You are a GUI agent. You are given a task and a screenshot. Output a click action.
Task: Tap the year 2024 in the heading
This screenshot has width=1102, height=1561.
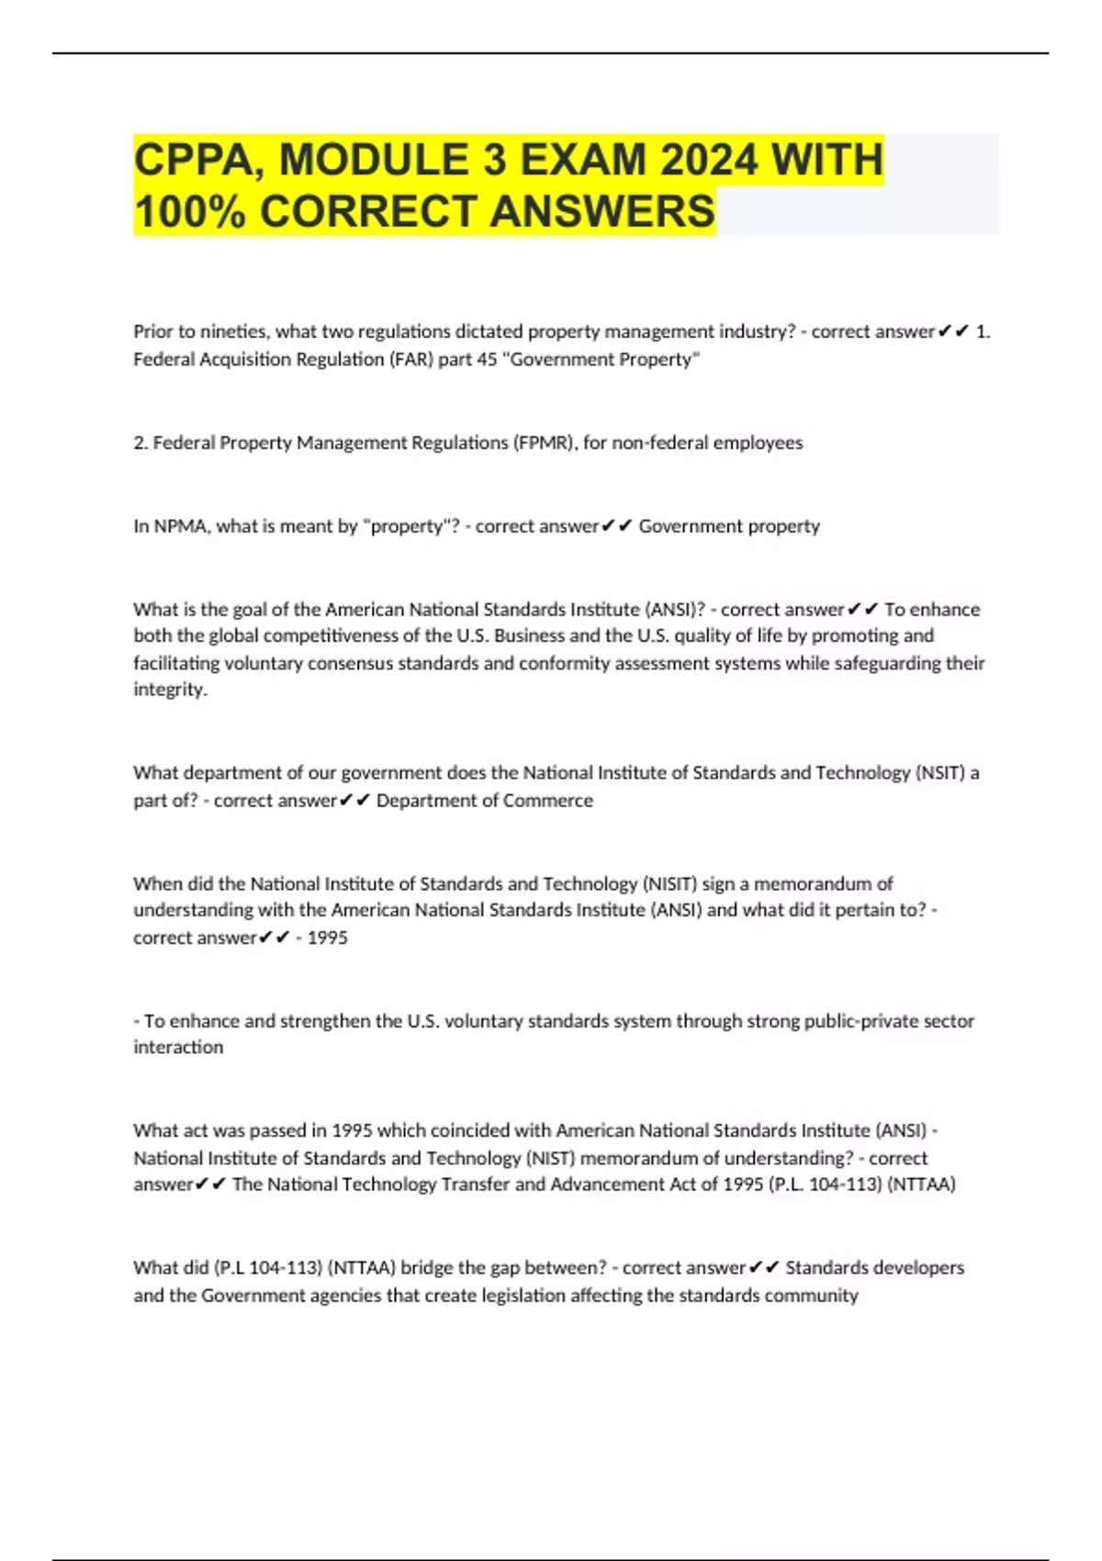click(x=709, y=160)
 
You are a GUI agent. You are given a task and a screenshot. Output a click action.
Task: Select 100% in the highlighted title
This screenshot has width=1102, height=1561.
click(x=189, y=211)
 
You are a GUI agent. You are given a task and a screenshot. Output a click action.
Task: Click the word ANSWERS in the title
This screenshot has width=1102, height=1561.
click(x=602, y=211)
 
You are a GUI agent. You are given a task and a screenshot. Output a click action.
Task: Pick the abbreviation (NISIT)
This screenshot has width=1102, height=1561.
click(x=669, y=883)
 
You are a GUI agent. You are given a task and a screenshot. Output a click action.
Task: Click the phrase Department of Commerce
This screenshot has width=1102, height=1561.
click(x=485, y=801)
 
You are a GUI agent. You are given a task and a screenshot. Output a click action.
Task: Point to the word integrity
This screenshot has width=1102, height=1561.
click(x=170, y=690)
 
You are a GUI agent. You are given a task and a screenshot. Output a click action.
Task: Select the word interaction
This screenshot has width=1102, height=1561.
click(x=178, y=1048)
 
